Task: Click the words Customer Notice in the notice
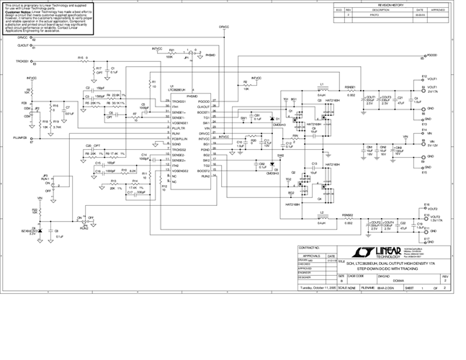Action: [19, 12]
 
